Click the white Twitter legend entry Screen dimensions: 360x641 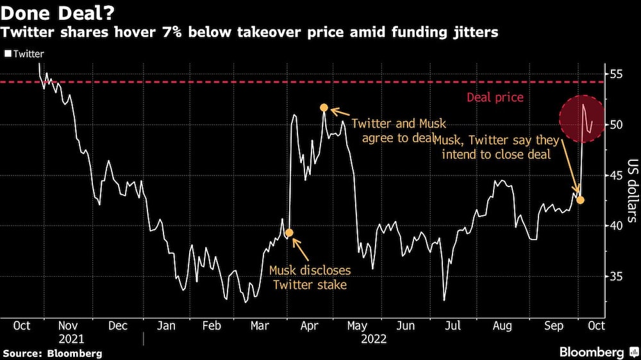[x=24, y=54]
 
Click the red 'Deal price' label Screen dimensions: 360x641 [x=495, y=97]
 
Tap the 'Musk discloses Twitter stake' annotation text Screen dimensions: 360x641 [x=310, y=277]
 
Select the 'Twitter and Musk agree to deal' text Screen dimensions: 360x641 [x=398, y=130]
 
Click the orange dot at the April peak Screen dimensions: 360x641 [x=324, y=108]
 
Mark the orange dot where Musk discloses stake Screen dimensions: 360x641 [x=288, y=233]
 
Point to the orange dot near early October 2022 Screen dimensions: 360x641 [x=581, y=200]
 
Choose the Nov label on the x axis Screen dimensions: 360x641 [x=68, y=325]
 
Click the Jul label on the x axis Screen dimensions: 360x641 [x=453, y=325]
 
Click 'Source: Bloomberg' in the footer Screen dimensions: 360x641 [x=52, y=353]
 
